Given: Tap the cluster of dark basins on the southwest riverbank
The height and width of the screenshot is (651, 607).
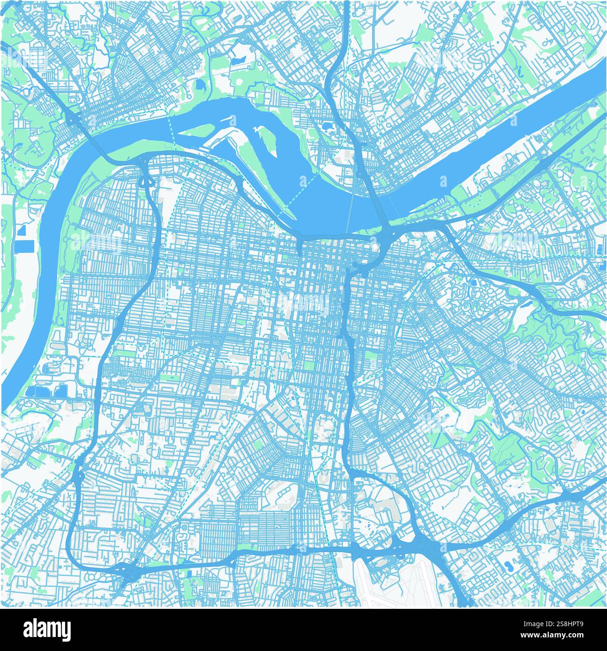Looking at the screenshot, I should click(47, 391).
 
